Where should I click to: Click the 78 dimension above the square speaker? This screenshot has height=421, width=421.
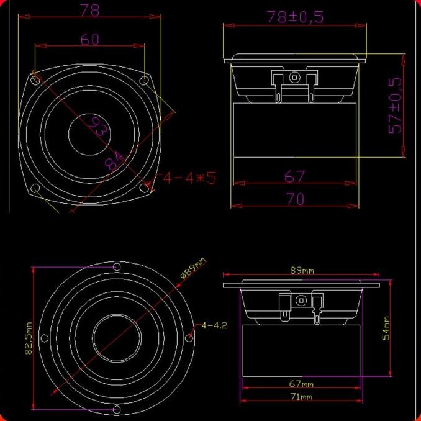pos(90,10)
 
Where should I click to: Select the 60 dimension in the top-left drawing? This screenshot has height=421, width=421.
pos(90,39)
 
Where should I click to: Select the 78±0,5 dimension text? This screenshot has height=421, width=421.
pos(295,17)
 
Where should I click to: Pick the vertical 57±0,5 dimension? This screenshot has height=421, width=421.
pos(395,105)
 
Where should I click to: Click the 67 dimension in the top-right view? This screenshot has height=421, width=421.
pos(295,177)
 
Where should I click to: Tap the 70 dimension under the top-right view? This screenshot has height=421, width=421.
pos(295,199)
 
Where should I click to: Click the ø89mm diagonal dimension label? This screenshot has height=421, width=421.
pos(192,269)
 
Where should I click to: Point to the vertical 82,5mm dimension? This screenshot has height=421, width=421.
pos(27,339)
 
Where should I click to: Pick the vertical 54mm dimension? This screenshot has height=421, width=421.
pos(386,328)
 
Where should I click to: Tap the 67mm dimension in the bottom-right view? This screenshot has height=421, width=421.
pos(302,383)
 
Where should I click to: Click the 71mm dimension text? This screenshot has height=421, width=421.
pos(302,397)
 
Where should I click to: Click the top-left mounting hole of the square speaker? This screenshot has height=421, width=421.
pos(35,79)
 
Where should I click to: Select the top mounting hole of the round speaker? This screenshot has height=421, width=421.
pos(117,267)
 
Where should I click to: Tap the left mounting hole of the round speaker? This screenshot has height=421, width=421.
pos(45,338)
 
